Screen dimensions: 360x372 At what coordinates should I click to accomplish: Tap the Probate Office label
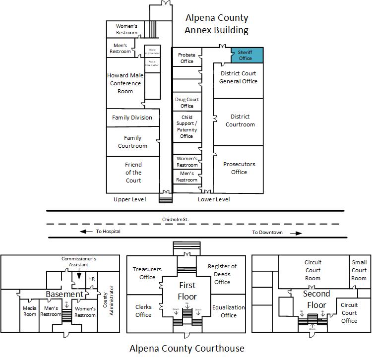[186, 58]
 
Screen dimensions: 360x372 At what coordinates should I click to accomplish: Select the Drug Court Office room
[186, 103]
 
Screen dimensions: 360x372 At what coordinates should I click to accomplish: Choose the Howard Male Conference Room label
[125, 83]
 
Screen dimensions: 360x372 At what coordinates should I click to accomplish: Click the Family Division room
[132, 118]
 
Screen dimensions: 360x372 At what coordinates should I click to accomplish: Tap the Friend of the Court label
[133, 173]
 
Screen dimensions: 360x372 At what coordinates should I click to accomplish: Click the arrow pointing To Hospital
[86, 232]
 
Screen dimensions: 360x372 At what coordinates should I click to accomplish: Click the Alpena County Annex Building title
[216, 24]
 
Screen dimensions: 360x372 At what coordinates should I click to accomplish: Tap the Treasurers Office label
[147, 273]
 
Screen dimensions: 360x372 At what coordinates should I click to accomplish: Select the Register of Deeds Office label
[222, 274]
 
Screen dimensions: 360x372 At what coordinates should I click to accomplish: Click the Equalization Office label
[228, 311]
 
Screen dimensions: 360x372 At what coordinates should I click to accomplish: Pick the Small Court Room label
[359, 270]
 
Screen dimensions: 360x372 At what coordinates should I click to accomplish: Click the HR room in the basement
[91, 279]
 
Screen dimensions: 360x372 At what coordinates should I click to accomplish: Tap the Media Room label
[30, 311]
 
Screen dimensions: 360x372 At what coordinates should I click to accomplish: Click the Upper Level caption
[129, 199]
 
